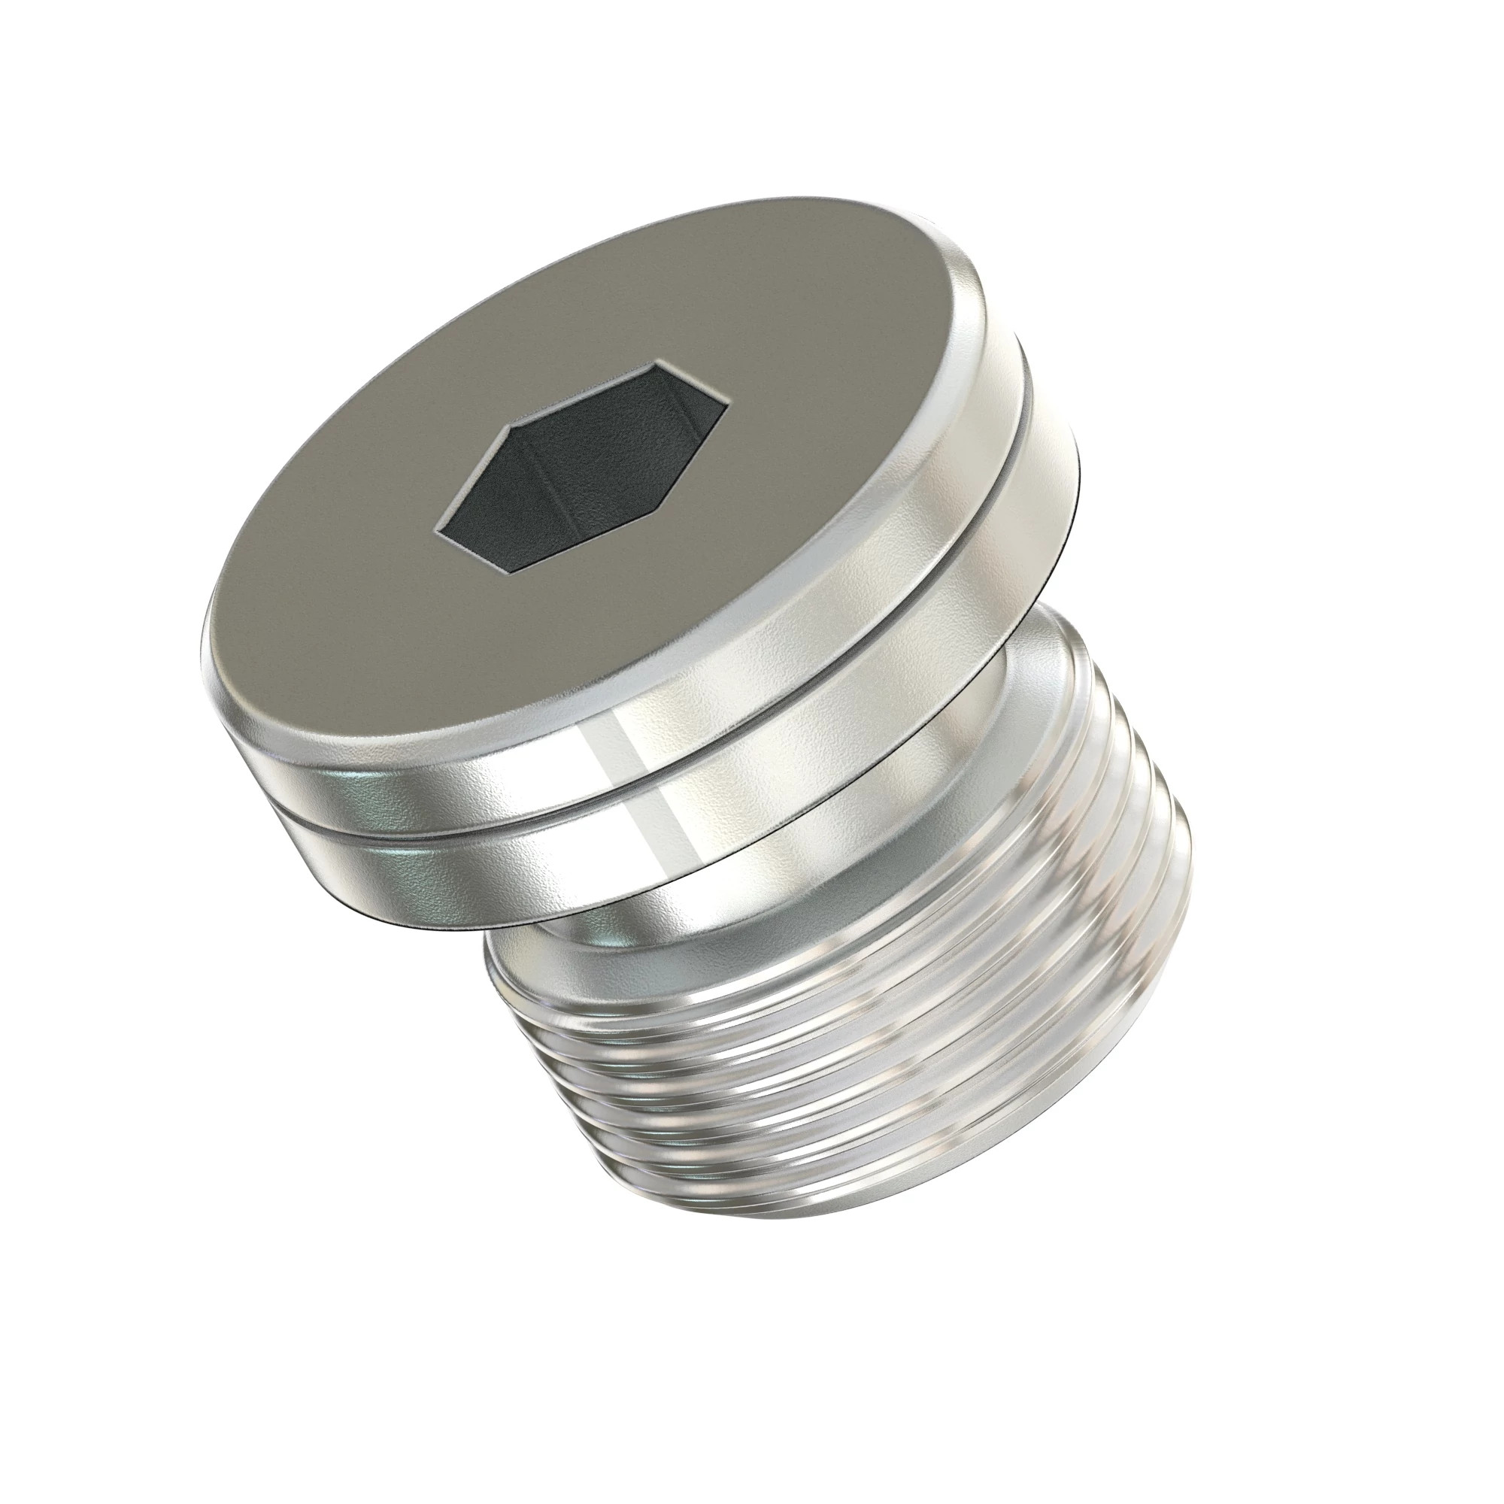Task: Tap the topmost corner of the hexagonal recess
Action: tap(661, 362)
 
